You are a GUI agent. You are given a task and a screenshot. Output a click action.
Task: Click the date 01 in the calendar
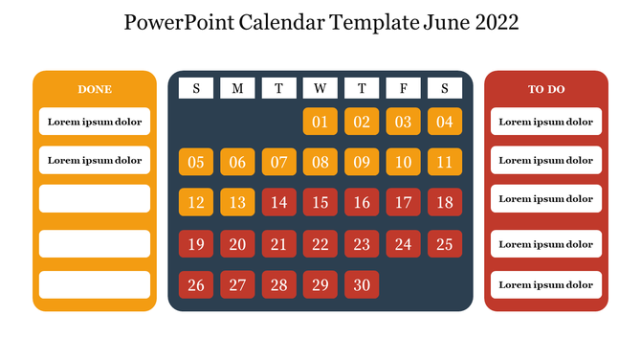tap(320, 122)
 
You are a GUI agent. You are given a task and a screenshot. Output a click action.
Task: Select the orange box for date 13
tap(237, 203)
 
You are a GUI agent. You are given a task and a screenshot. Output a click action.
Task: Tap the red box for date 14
tap(278, 203)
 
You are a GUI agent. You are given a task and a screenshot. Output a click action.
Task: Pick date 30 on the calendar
tap(362, 284)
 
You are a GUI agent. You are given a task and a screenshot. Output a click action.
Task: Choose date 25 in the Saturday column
tap(445, 244)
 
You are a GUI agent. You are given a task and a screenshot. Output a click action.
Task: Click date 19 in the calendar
tap(196, 244)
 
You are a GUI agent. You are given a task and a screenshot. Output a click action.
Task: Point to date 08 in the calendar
tap(320, 162)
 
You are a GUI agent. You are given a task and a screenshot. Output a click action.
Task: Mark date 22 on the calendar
tap(320, 244)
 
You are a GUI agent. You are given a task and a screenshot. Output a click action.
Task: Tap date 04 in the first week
tap(445, 122)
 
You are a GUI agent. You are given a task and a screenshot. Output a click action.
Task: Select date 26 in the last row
tap(196, 284)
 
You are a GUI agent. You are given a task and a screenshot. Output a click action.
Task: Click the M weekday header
tap(237, 89)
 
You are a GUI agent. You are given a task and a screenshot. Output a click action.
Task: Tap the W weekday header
tap(320, 89)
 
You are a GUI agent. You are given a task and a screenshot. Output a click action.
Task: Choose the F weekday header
tap(404, 89)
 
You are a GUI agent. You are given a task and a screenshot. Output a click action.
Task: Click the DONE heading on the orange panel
tap(95, 89)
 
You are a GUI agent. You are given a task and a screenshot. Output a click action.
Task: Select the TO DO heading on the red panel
tap(546, 89)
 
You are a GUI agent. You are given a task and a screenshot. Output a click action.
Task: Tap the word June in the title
tap(444, 23)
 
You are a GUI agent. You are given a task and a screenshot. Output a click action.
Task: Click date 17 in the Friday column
tap(404, 203)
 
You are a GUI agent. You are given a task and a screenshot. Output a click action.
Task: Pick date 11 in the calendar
tap(445, 162)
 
